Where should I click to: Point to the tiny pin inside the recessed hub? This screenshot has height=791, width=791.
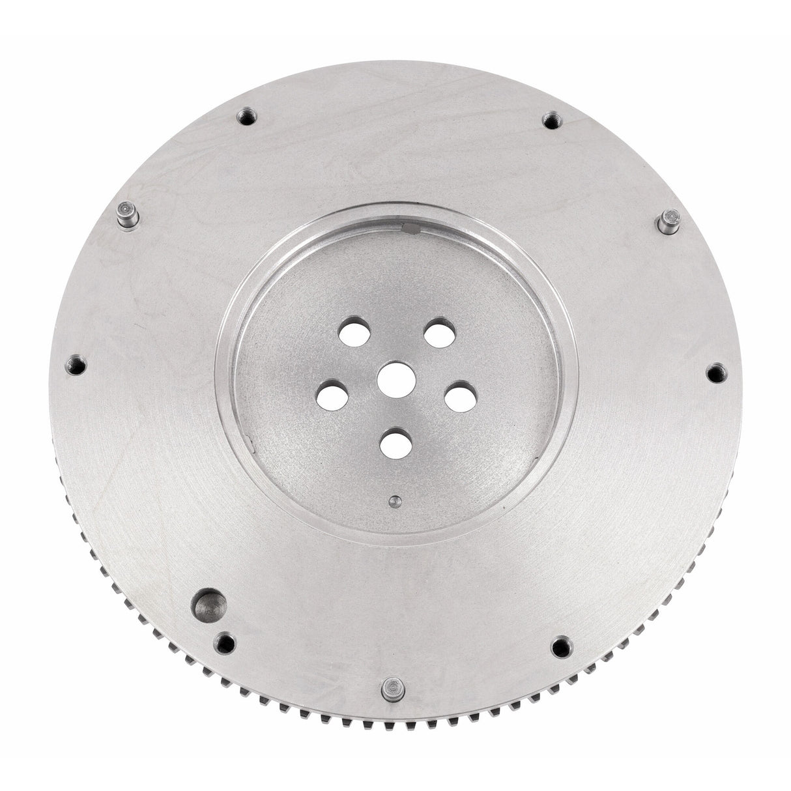tap(395, 501)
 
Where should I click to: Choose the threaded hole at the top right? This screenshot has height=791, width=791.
tap(551, 121)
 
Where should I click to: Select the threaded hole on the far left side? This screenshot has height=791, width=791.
tap(77, 366)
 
